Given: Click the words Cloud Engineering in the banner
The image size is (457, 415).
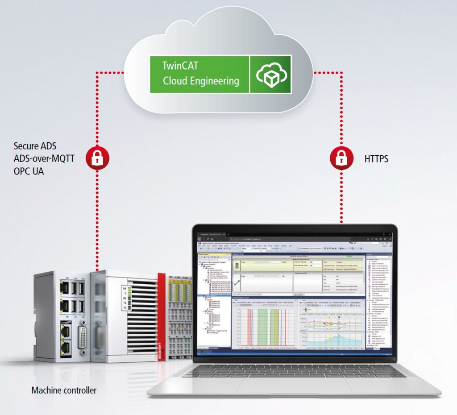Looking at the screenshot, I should (x=201, y=81).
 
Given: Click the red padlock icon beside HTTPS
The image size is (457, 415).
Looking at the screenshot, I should (x=341, y=158).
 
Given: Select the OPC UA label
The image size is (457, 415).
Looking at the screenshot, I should (x=29, y=171).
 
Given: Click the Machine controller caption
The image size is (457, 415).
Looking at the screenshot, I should (x=64, y=390).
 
